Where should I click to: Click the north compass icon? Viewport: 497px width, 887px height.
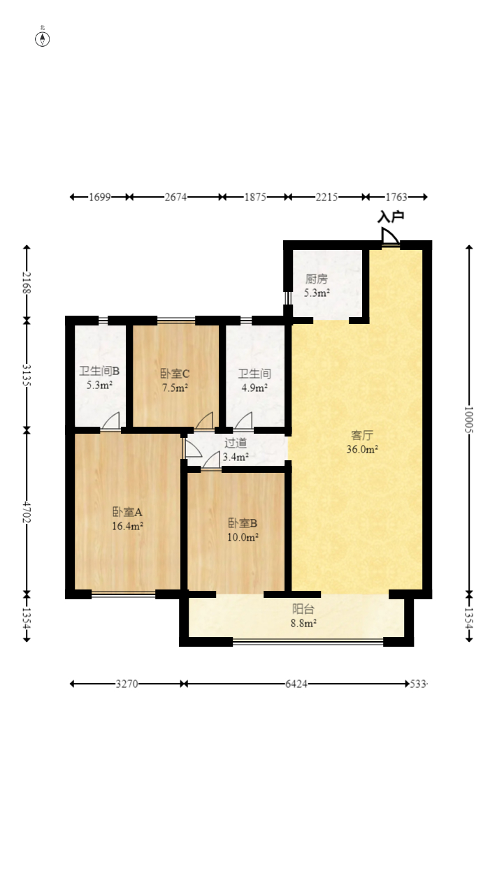43,38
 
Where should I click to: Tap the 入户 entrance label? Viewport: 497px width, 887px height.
391,217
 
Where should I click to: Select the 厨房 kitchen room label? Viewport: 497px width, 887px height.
316,279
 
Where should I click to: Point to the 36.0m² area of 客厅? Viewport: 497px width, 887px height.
362,450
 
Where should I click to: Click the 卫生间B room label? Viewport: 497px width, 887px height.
99,371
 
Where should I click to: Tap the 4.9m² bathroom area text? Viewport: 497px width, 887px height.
254,387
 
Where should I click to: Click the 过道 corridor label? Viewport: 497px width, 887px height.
235,443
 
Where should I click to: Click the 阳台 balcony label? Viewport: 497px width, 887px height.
303,608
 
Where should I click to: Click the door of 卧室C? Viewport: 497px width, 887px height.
204,421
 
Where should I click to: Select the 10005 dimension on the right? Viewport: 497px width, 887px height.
469,420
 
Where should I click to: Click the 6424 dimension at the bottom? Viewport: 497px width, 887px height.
296,684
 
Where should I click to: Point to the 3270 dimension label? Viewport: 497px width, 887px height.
127,684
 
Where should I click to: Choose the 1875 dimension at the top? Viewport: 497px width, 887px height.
255,197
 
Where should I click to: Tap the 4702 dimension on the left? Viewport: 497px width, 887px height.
27,512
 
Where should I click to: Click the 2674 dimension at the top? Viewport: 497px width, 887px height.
175,197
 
